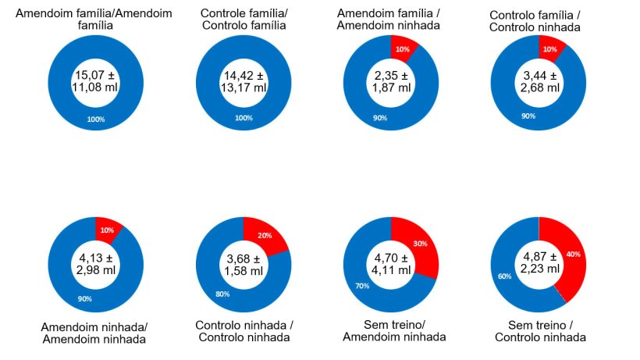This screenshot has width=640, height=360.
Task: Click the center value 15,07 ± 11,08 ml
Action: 94,81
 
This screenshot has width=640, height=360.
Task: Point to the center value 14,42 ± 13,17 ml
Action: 243,81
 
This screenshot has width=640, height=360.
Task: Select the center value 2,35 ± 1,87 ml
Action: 391,82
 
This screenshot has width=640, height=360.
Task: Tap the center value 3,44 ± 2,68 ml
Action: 539,82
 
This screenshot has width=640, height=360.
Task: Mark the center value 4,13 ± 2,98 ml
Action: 94,263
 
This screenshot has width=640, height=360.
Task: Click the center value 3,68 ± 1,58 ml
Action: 243,263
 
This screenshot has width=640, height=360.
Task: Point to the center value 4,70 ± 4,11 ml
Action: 391,263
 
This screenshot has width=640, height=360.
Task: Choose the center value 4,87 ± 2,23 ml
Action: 539,263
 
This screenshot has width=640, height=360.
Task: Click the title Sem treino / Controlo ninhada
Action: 539,330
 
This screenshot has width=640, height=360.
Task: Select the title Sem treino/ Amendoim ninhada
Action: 393,330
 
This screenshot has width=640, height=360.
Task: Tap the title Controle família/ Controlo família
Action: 244,20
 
